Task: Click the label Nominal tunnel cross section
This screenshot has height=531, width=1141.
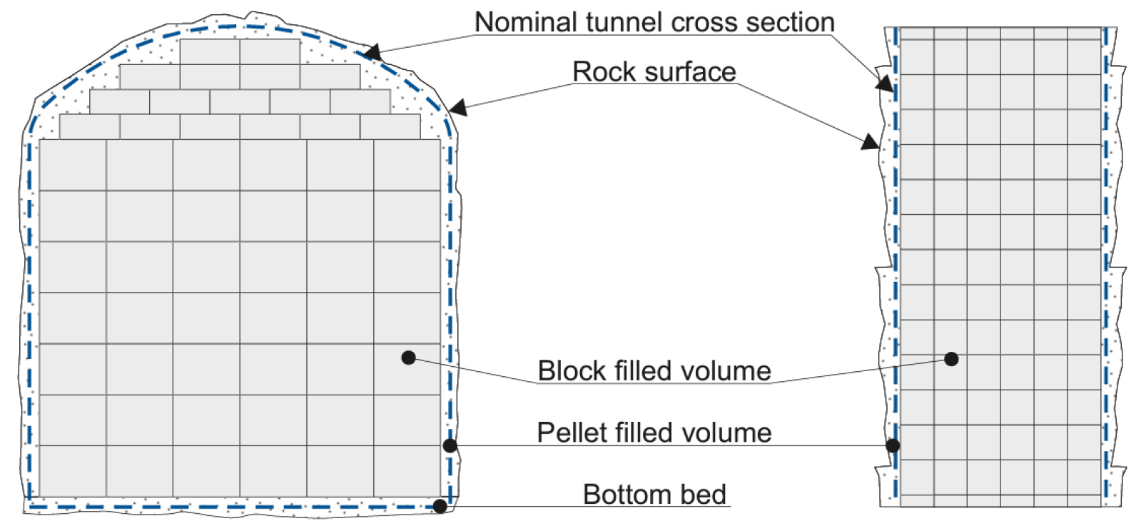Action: click(x=654, y=22)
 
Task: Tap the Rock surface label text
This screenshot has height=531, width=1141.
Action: click(x=654, y=71)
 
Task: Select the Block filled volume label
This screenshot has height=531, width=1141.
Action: click(x=654, y=370)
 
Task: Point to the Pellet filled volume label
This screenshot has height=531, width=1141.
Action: click(x=654, y=433)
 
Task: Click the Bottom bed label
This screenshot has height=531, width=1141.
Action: click(x=654, y=494)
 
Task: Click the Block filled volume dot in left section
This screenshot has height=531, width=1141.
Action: click(x=408, y=357)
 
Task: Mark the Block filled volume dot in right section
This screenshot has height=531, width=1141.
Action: click(x=951, y=359)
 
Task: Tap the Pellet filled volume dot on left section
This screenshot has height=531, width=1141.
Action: click(x=450, y=446)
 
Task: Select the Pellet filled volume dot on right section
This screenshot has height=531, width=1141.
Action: click(x=893, y=446)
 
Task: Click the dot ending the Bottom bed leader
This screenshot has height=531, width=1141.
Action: click(x=440, y=506)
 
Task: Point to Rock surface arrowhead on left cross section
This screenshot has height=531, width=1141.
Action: click(x=457, y=108)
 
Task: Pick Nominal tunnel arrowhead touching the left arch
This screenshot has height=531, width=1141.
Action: click(x=372, y=54)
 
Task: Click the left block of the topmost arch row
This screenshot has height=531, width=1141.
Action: click(x=210, y=51)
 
